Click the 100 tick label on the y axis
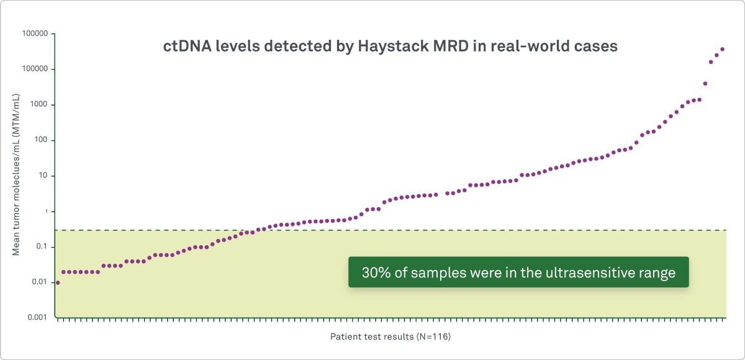tap(41, 140)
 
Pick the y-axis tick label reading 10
tap(43, 176)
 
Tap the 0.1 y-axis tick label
tap(41, 247)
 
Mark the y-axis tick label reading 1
tap(46, 212)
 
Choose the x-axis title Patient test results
tap(371, 338)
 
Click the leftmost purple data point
tap(58, 282)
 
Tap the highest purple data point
tap(722, 49)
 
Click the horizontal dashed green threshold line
tap(435, 230)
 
